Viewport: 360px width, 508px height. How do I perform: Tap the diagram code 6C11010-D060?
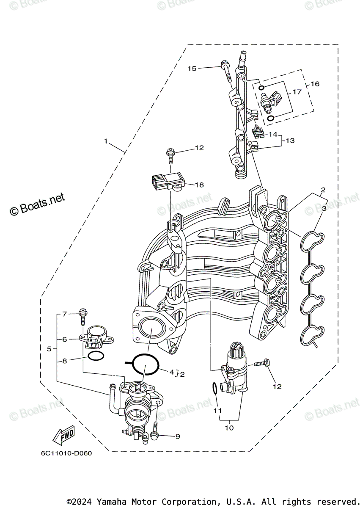click(66, 453)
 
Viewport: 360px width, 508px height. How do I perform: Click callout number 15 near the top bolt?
click(192, 68)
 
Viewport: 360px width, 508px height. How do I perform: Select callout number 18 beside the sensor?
click(199, 185)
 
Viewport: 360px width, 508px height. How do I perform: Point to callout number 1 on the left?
click(106, 141)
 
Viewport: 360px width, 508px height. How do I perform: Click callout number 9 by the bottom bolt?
click(177, 436)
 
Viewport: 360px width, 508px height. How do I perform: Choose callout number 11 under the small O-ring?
click(217, 410)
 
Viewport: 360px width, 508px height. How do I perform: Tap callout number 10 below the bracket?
click(229, 428)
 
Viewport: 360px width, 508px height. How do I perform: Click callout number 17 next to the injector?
click(297, 91)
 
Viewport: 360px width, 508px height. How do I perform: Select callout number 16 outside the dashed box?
click(315, 84)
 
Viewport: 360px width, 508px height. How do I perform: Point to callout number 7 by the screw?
click(65, 314)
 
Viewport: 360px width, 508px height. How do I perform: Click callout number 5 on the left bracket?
click(49, 349)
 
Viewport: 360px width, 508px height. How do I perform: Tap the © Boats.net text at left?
click(38, 204)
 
